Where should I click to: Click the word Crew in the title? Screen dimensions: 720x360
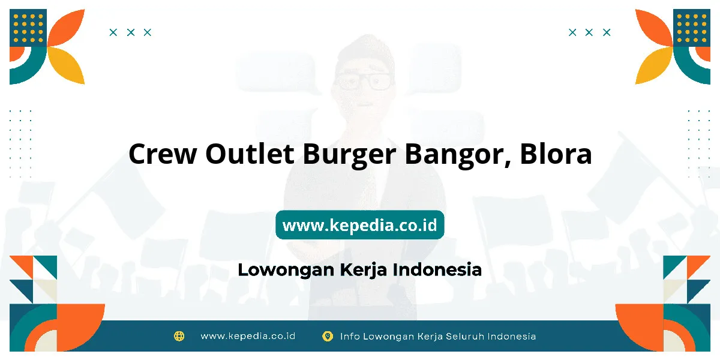(163, 154)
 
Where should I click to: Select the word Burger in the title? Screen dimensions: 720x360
(349, 155)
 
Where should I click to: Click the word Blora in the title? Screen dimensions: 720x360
(556, 153)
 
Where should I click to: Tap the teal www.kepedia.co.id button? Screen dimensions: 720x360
(359, 224)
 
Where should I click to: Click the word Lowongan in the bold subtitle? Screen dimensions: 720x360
(286, 269)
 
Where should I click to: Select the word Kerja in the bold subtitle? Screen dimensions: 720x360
(364, 269)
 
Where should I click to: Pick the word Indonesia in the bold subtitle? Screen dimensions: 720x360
(437, 269)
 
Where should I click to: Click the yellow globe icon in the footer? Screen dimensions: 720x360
(179, 336)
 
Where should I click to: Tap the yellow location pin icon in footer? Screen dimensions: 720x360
(328, 336)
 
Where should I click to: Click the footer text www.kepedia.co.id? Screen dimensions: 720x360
(248, 336)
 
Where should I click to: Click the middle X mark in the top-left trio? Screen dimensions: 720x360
(131, 32)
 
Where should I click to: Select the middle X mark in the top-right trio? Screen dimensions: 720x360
(589, 32)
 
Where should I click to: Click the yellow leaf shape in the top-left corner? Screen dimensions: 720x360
(67, 65)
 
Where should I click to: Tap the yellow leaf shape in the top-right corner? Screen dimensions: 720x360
(653, 65)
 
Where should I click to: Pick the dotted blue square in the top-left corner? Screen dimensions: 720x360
(28, 28)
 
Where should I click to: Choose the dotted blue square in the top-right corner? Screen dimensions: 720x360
(692, 28)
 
